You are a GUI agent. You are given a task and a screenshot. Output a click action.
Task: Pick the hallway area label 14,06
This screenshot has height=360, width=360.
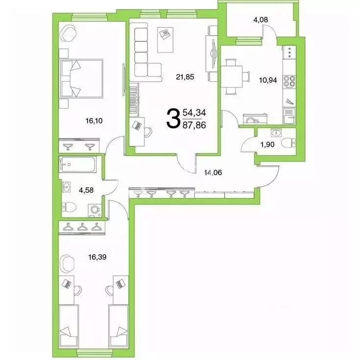pos(216,172)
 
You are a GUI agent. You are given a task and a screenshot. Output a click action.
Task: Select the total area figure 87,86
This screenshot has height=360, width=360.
pos(194,125)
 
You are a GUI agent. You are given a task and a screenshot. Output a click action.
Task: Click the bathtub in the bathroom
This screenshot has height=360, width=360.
pos(78,164)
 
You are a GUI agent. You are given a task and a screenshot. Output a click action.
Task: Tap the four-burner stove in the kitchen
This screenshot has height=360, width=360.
pos(289,80)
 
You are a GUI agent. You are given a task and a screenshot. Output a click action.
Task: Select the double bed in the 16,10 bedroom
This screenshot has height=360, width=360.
pos(81,78)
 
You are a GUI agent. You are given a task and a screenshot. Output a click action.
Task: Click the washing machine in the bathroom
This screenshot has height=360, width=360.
pos(95,210)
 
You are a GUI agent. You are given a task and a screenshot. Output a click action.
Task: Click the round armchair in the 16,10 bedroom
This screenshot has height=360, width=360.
pos(68,34)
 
